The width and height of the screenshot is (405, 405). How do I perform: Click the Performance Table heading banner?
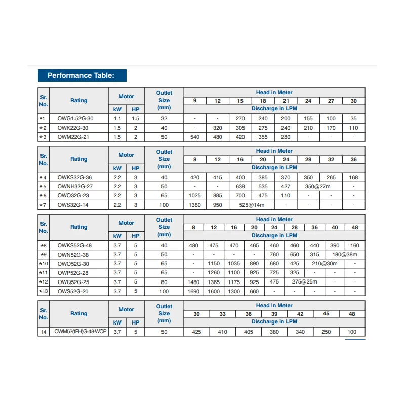tap(82, 75)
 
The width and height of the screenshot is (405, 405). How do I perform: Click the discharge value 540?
tap(195, 137)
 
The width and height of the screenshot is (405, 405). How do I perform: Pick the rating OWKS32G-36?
tap(78, 177)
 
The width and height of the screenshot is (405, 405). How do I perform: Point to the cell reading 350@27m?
tap(319, 186)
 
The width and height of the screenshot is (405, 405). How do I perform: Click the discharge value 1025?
tap(195, 195)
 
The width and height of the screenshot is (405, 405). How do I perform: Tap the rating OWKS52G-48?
tap(78, 245)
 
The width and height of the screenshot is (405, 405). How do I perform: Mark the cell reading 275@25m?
tap(304, 281)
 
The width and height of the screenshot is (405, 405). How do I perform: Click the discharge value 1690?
tap(193, 291)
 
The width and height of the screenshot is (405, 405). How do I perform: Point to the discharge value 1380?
tap(195, 205)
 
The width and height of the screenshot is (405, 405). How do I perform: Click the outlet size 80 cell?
tap(164, 281)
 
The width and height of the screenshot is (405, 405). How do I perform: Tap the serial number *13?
tap(43, 291)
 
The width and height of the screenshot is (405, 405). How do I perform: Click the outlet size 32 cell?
tap(164, 118)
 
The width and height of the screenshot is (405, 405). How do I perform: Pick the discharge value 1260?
tap(214, 272)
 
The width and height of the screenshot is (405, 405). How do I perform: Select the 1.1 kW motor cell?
tap(117, 118)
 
